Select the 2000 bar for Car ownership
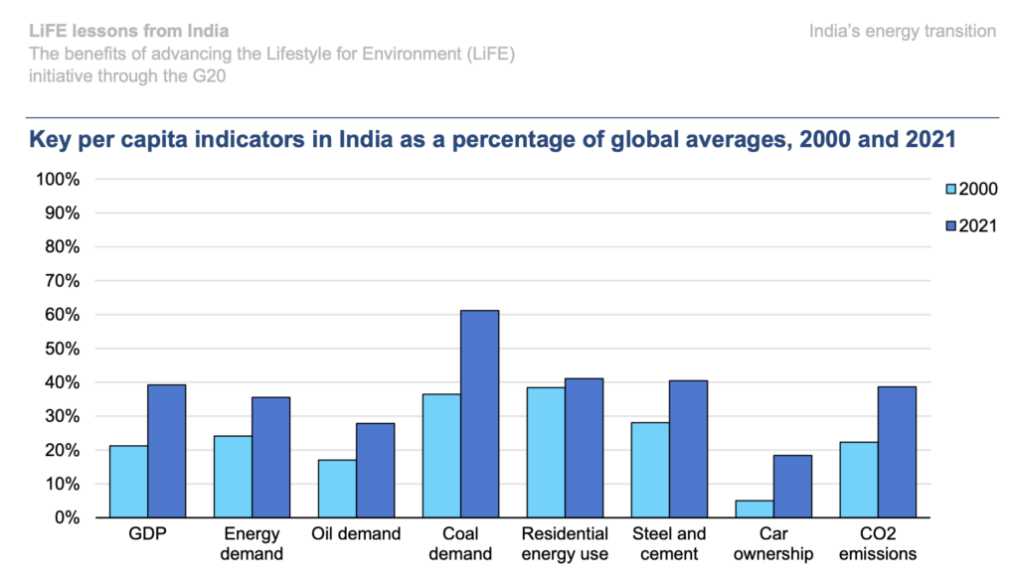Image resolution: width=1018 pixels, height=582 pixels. click(755, 509)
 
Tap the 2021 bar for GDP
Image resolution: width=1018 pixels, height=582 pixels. click(167, 451)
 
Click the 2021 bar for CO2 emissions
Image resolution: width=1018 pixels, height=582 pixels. click(897, 452)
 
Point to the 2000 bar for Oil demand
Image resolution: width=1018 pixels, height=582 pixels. click(337, 488)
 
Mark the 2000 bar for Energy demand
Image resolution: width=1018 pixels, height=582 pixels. click(233, 477)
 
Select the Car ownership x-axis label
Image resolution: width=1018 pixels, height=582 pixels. click(773, 543)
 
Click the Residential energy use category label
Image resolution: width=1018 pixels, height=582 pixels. click(565, 543)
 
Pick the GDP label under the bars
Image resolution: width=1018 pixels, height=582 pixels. click(148, 534)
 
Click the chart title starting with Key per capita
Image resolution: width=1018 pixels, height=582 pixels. click(492, 140)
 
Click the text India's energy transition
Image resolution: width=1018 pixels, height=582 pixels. click(903, 32)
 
